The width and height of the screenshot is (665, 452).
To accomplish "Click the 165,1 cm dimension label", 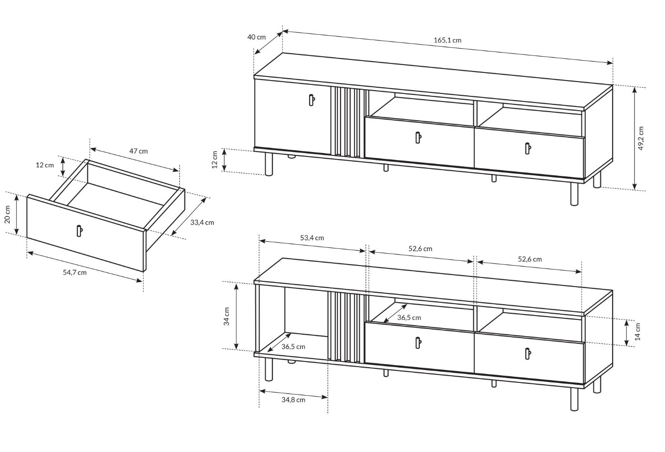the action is [x=447, y=40].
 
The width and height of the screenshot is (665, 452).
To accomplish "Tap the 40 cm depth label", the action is [x=257, y=37].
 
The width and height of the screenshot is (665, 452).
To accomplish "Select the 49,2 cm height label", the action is [x=640, y=138].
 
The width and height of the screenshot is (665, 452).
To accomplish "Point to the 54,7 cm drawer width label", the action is [x=74, y=272].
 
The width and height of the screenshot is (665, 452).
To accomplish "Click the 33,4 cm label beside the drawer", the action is [x=202, y=223].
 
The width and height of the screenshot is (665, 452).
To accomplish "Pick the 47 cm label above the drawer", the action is [x=138, y=151].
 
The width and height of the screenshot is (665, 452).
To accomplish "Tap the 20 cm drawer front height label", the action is [x=8, y=214].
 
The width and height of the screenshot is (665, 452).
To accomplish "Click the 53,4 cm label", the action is [x=312, y=238].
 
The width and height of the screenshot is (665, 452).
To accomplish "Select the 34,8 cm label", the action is [x=293, y=400].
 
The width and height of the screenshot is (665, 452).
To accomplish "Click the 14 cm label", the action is [x=638, y=332].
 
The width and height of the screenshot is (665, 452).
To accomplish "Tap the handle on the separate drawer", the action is [x=79, y=231].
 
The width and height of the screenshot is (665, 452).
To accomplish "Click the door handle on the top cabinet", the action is [x=312, y=100].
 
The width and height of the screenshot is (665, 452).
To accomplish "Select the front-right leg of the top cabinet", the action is [x=574, y=194].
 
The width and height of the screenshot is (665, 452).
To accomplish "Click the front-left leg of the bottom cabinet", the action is [x=269, y=369].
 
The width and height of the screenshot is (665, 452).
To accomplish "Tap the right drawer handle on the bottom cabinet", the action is [x=528, y=354].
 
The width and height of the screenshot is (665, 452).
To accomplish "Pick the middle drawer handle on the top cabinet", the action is [x=418, y=138].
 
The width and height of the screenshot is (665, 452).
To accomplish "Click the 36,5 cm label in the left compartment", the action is [x=293, y=347].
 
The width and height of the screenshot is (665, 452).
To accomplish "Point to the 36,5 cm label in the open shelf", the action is [x=409, y=318].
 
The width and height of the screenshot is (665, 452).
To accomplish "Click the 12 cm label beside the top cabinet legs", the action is [x=215, y=160].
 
